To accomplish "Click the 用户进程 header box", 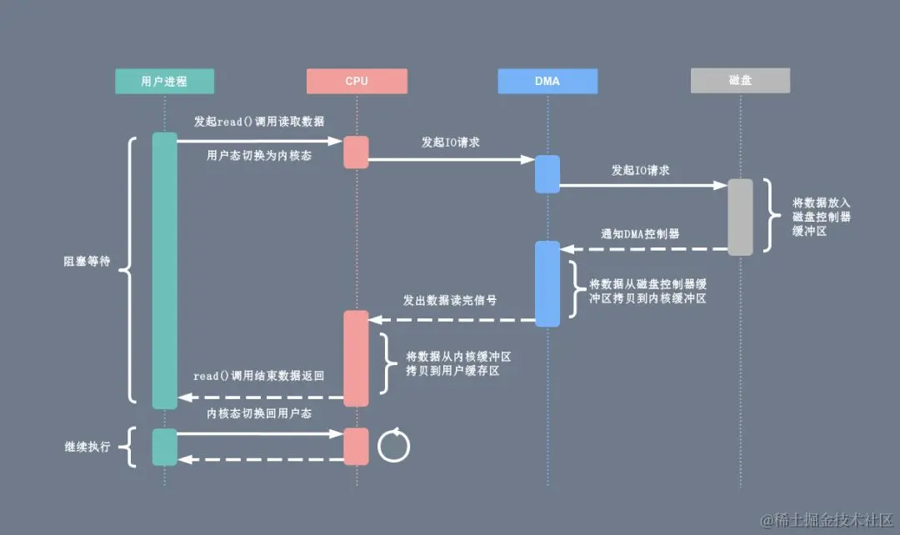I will (x=164, y=81).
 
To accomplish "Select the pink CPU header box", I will (x=357, y=81).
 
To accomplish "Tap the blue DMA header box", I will (x=547, y=81).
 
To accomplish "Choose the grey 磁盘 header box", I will (x=740, y=81).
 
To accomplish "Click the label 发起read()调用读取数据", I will (x=259, y=122).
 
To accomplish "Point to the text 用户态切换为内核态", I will (x=259, y=155).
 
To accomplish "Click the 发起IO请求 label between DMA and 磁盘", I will (x=641, y=170).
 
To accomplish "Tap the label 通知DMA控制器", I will (x=640, y=234).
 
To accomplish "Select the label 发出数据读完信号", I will (x=450, y=300).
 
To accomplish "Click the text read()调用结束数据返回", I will (x=259, y=377).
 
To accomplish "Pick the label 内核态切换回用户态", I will (x=259, y=413).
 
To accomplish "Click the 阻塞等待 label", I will (x=87, y=261).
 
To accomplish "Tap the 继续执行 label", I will (x=87, y=447).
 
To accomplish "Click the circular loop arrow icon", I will (x=394, y=445).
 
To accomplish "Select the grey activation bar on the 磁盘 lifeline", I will (x=740, y=217).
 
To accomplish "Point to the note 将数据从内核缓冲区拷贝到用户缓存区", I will (x=452, y=363).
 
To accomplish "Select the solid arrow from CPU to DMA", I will (x=451, y=159).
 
